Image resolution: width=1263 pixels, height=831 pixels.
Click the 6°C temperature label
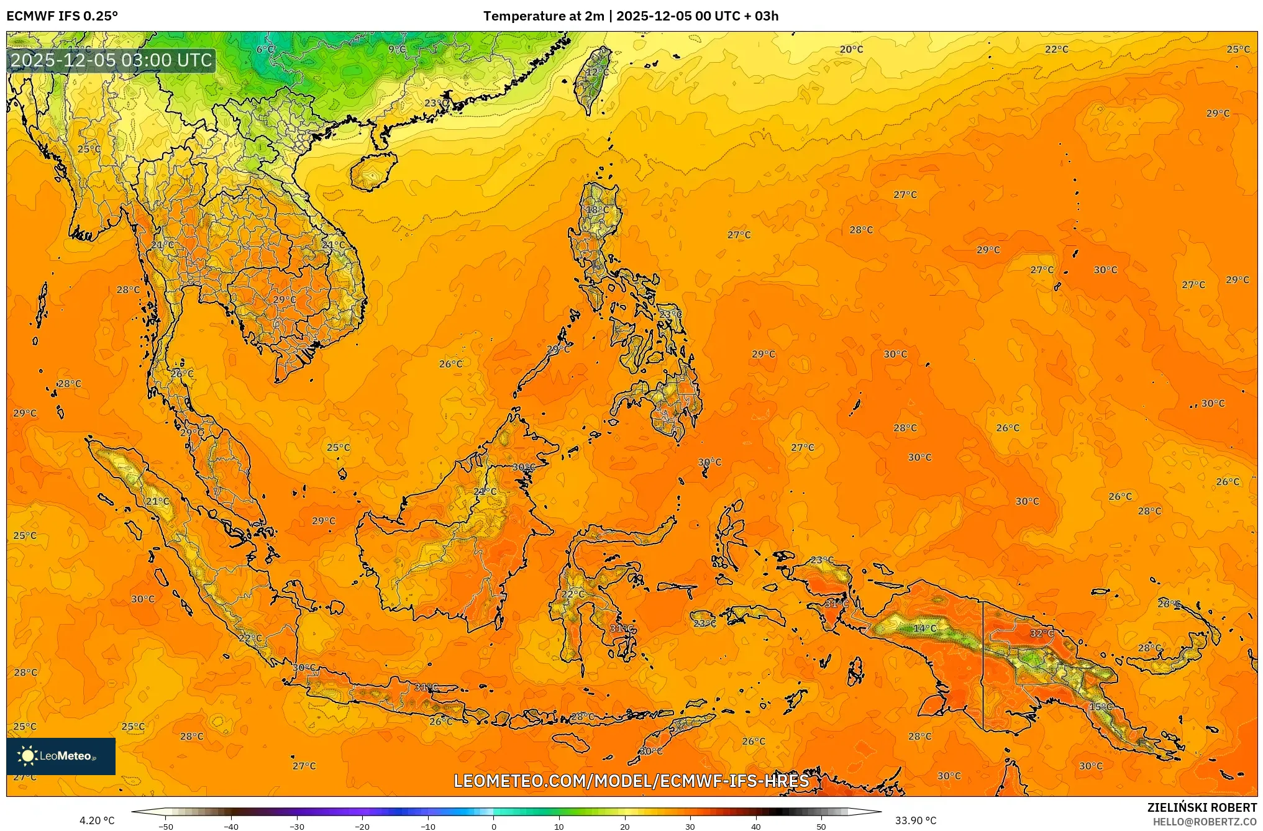(x=265, y=50)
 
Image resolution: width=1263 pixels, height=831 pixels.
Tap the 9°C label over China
(x=397, y=50)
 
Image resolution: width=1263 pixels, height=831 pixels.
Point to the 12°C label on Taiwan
(x=597, y=72)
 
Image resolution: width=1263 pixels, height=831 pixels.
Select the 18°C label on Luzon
(x=598, y=210)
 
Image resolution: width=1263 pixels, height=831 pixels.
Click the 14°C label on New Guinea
(x=924, y=629)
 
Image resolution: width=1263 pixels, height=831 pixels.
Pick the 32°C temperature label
(x=1042, y=633)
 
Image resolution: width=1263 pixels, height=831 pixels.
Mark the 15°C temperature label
(x=1101, y=707)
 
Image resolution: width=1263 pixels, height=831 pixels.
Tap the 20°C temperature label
(x=851, y=50)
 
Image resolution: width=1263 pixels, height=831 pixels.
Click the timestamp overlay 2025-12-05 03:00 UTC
(x=112, y=60)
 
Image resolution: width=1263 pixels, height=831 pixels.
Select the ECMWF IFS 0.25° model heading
(x=62, y=16)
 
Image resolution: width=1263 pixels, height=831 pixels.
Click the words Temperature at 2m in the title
(x=544, y=16)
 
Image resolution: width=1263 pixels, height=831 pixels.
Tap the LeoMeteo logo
(x=61, y=756)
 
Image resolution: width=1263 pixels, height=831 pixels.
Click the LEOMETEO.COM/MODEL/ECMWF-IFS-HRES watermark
(x=631, y=781)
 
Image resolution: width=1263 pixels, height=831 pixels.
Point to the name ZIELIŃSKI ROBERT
(x=1201, y=807)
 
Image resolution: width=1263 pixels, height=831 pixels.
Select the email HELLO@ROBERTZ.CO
(x=1205, y=822)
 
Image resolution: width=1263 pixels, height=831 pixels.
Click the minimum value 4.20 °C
(x=97, y=820)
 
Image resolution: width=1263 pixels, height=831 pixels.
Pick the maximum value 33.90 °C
(x=916, y=820)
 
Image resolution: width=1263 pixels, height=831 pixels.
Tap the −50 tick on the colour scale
(x=165, y=826)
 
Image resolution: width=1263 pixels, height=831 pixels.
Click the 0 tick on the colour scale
(x=494, y=826)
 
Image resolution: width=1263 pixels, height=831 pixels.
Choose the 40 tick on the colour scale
(x=756, y=826)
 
